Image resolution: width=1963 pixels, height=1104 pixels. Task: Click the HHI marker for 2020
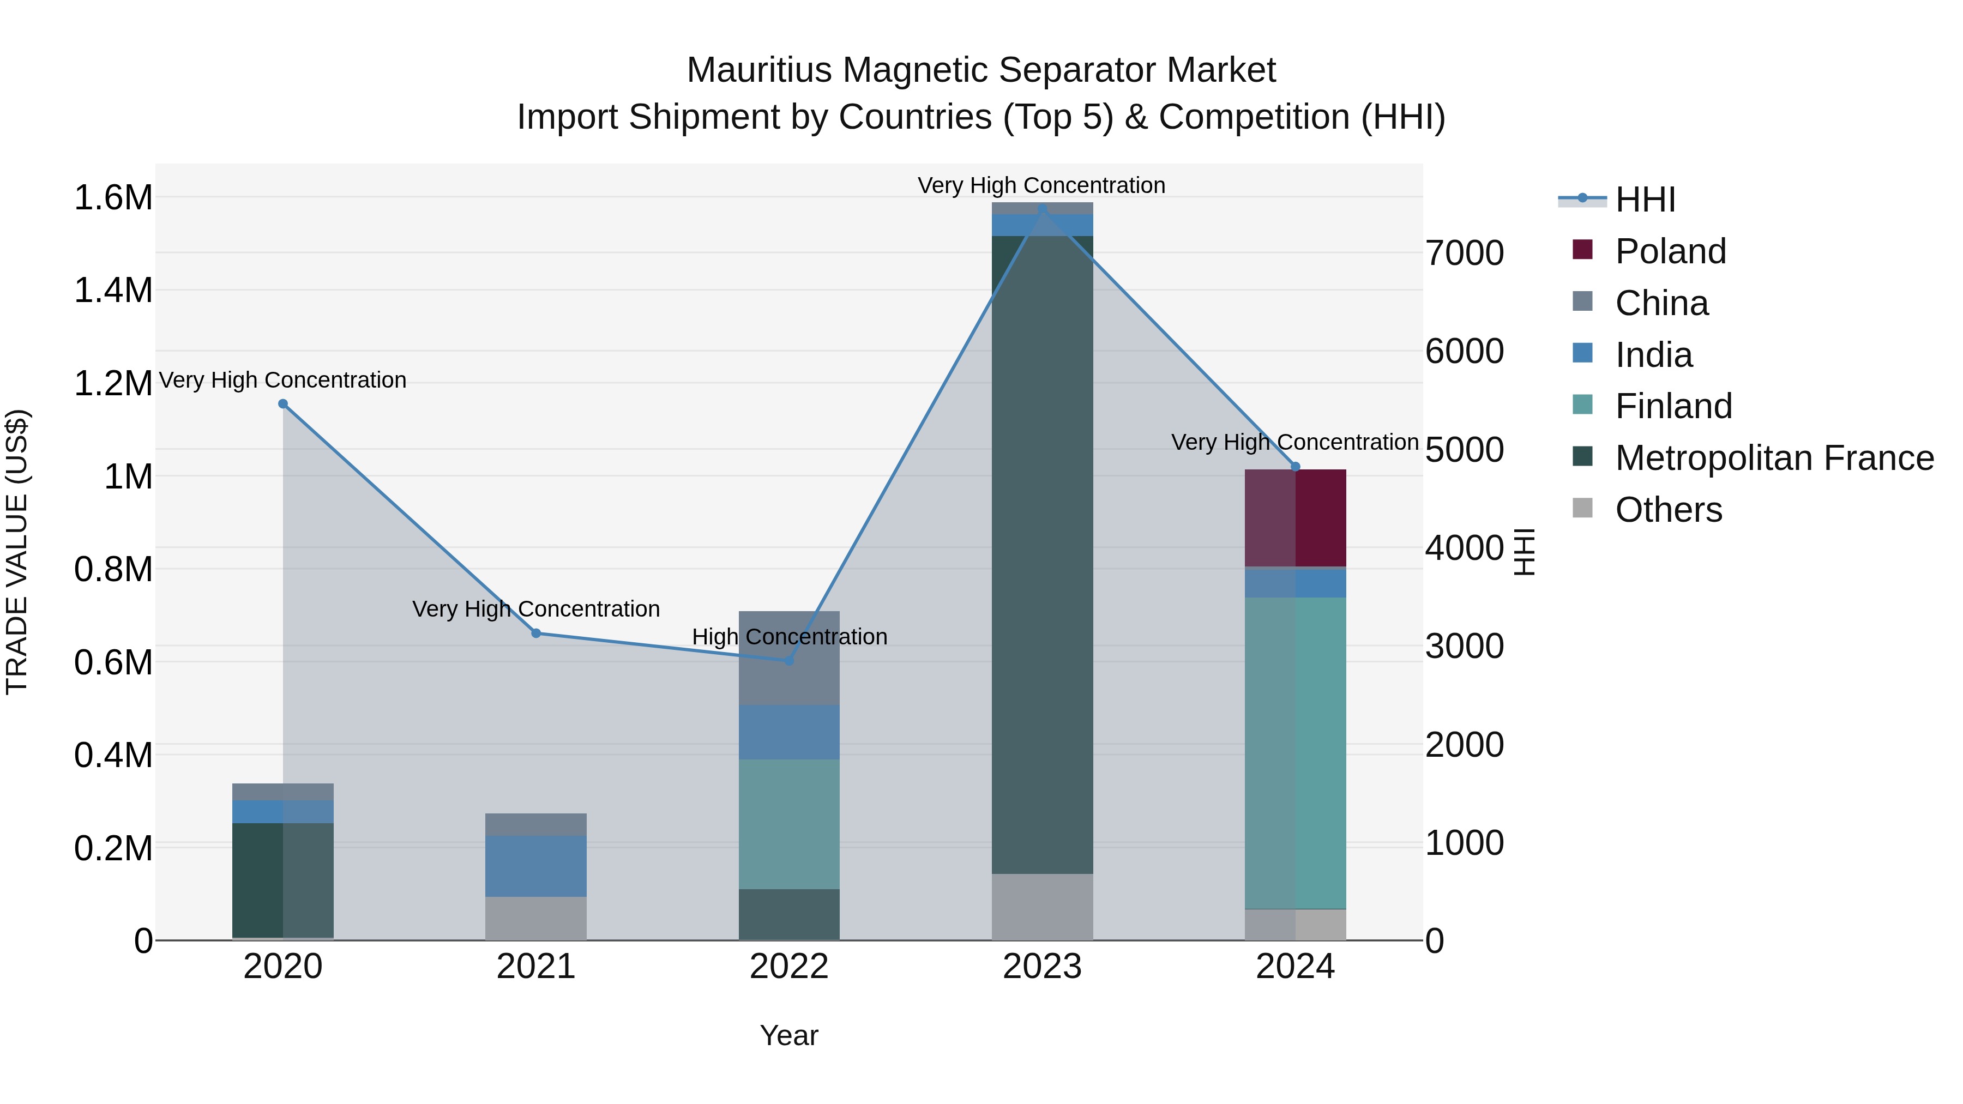click(x=282, y=404)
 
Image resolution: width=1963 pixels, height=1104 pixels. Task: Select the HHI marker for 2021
click(x=535, y=633)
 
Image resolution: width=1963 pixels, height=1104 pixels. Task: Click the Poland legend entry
click(x=1670, y=251)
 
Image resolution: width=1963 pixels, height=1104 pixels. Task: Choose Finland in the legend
click(x=1673, y=406)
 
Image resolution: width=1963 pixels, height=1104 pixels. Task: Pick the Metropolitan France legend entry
click(x=1773, y=458)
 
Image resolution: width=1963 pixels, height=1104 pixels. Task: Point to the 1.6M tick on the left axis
click(x=113, y=198)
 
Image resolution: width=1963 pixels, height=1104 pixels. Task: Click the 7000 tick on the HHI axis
click(x=1464, y=254)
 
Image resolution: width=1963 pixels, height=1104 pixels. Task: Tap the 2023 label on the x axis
click(x=1041, y=967)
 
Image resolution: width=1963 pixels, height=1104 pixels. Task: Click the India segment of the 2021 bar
click(x=535, y=866)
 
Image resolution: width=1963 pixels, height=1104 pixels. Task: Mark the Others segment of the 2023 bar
click(x=1041, y=907)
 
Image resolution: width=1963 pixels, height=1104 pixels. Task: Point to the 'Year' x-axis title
click(x=788, y=1035)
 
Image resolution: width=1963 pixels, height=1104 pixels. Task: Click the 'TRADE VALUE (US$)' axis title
click(x=17, y=552)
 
